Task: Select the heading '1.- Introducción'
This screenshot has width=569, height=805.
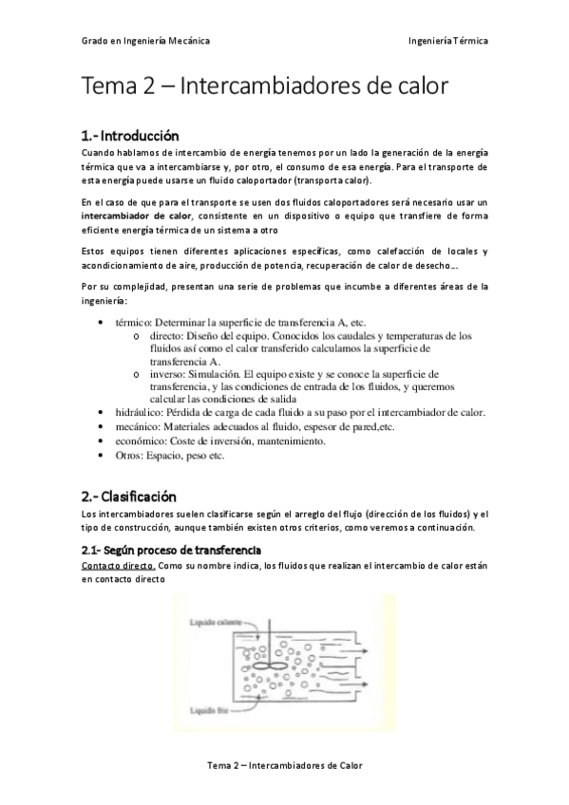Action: [x=129, y=136]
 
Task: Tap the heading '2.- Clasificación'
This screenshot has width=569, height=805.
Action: [x=129, y=496]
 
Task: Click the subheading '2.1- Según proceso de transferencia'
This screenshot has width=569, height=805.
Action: [x=171, y=551]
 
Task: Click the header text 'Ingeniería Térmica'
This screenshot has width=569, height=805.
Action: [x=447, y=42]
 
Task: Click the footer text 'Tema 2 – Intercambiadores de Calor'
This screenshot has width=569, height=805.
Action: [x=284, y=765]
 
